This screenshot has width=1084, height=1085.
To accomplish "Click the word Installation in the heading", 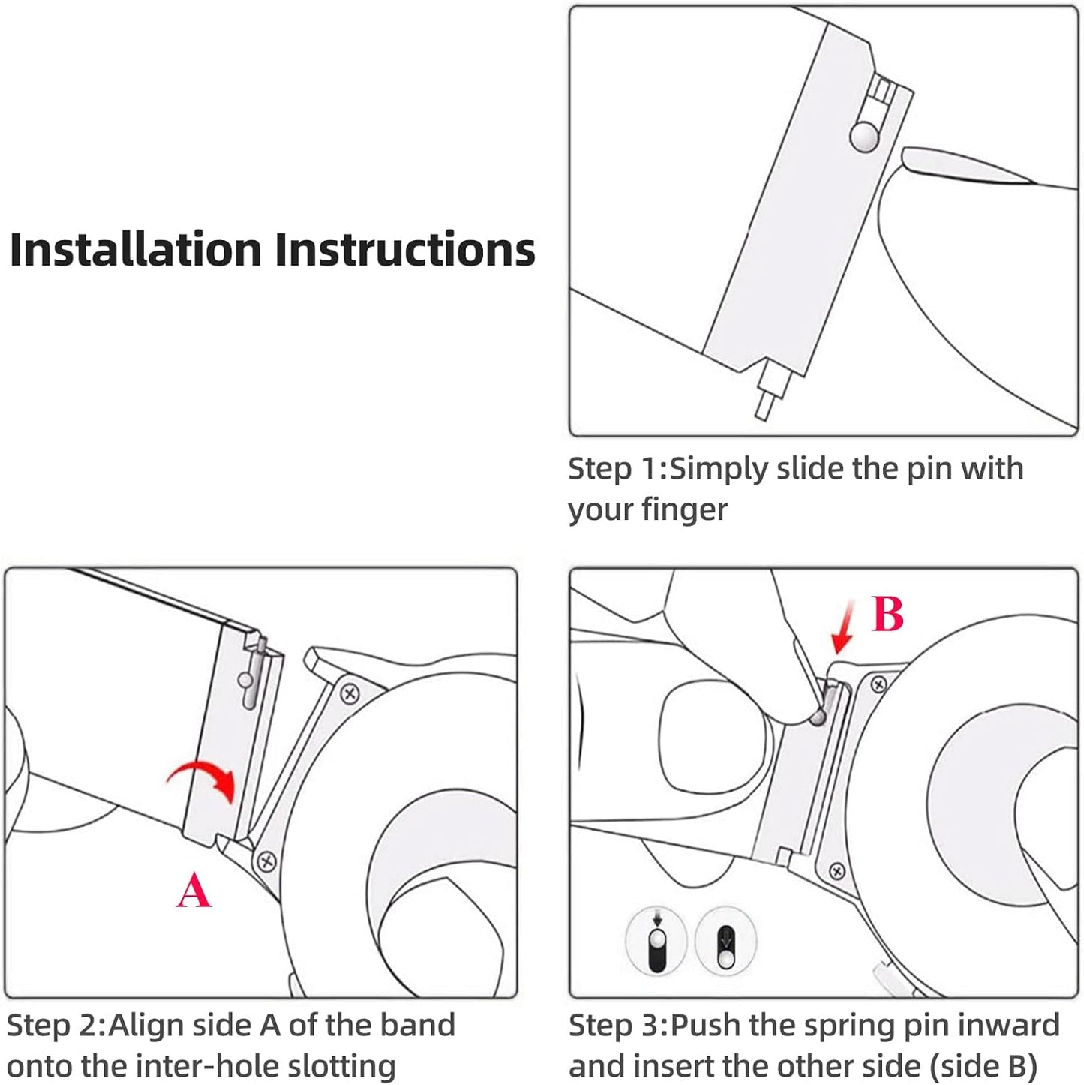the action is (136, 249).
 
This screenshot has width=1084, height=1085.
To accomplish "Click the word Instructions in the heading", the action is (405, 249).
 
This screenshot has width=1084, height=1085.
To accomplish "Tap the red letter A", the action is (194, 890).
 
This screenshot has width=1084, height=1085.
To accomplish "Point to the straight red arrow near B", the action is (843, 627).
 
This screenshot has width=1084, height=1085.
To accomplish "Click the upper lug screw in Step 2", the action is (350, 693).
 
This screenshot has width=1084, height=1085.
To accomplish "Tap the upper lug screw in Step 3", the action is (878, 684).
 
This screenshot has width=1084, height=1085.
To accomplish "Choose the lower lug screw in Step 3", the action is (837, 872).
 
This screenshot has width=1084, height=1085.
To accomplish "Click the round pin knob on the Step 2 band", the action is (245, 680).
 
